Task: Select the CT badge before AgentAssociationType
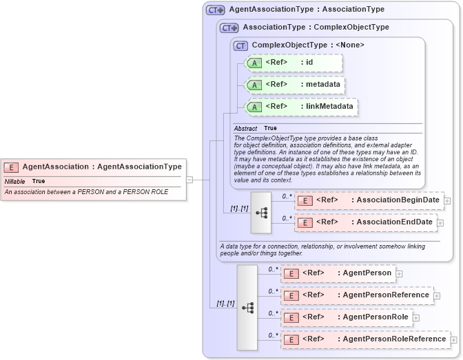coord(216,10)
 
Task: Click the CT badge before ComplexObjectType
coord(240,45)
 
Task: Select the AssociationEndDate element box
coord(365,222)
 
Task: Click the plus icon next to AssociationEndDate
coord(441,223)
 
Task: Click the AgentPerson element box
coord(338,273)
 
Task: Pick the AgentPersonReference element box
coord(357,295)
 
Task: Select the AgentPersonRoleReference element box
coord(364,339)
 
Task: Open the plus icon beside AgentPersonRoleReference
coord(453,340)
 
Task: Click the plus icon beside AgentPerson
coord(400,274)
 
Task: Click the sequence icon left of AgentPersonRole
coord(247,308)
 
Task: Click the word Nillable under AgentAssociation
coord(15,181)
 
